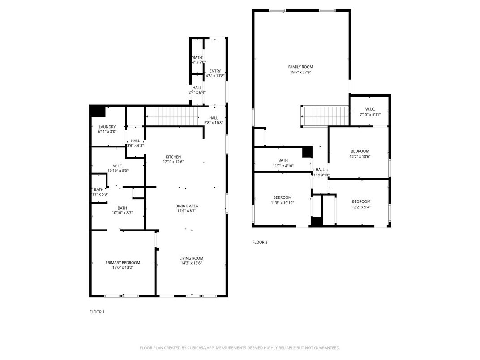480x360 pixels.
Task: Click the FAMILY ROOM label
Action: coord(300,67)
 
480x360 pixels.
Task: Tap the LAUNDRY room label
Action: coord(107,127)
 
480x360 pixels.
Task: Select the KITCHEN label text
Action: coord(173,157)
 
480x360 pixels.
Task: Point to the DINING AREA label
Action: coord(186,206)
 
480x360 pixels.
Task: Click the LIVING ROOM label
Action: coord(191,258)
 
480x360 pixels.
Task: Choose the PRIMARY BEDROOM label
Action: coord(123,263)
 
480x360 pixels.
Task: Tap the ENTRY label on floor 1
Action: coord(215,71)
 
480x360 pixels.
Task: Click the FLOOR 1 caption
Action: coord(97,312)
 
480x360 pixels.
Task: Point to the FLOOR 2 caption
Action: coord(260,242)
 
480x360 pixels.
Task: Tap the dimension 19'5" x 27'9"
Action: coord(300,72)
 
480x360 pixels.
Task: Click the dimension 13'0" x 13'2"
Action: coord(123,267)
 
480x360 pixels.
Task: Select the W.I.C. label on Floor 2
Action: coord(370,109)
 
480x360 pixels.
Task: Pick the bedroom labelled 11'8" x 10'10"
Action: coord(283,200)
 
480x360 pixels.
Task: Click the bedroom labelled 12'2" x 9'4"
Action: coord(361,204)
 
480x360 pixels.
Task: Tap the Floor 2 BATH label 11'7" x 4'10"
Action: coord(283,163)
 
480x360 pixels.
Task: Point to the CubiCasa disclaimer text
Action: coord(240,348)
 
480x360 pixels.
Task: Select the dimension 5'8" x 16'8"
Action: coord(214,123)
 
